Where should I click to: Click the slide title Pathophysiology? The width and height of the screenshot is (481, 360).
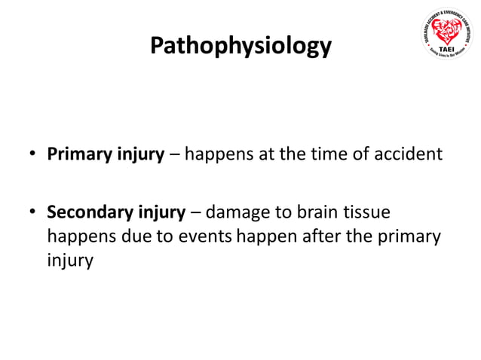(240, 45)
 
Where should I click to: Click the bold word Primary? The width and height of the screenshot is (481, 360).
(78, 155)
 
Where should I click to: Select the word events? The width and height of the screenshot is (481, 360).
(206, 237)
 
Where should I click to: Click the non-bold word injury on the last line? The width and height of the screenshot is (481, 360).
(70, 262)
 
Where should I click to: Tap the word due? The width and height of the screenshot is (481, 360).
(141, 237)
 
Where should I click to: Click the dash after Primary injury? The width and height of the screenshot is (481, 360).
(175, 156)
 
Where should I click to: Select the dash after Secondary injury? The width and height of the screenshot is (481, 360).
(195, 213)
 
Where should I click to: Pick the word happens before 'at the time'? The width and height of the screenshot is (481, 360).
(218, 155)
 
